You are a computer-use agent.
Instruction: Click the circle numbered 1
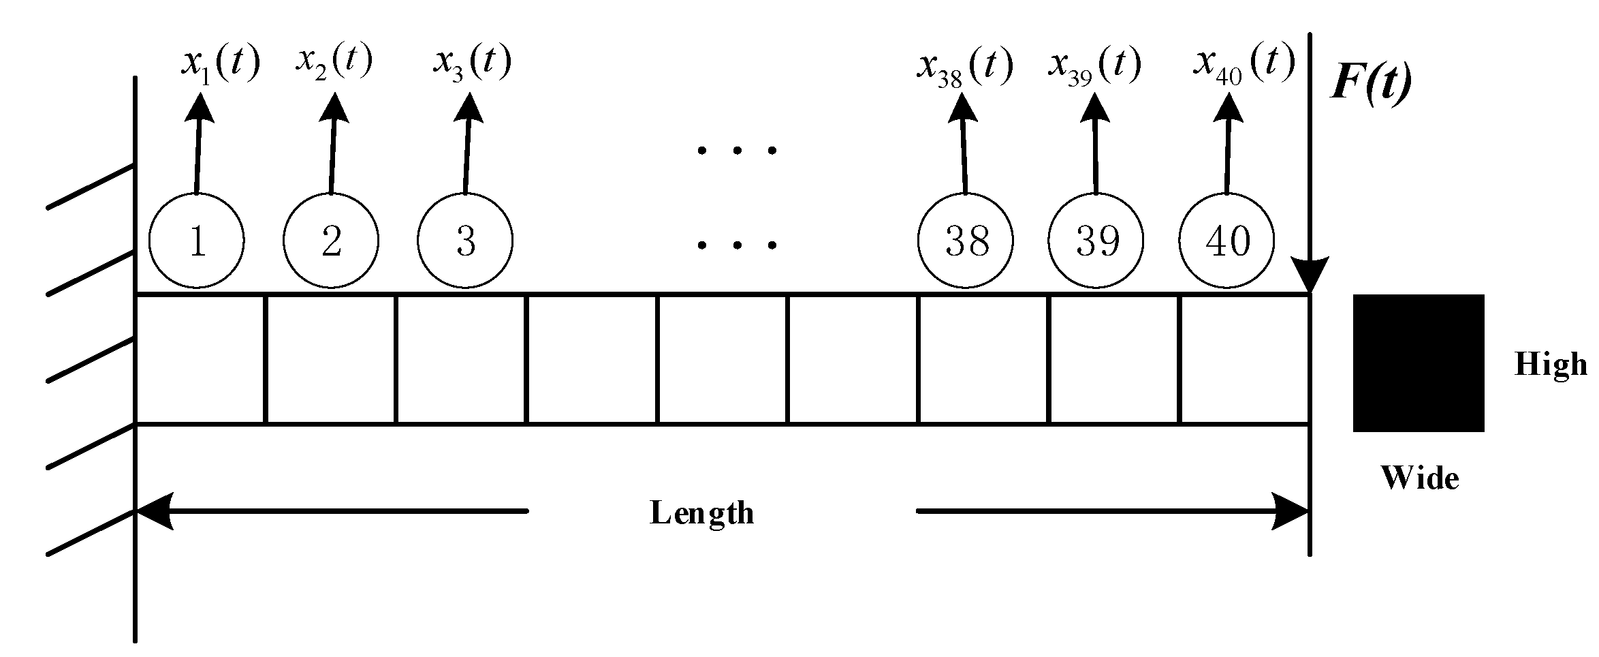coord(196,241)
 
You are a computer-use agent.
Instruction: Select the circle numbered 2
coord(330,241)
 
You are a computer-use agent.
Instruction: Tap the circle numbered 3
coord(465,241)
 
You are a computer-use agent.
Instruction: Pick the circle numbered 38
coord(966,241)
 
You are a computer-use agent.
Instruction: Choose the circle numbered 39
coord(1096,241)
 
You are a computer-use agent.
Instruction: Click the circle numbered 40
coord(1226,241)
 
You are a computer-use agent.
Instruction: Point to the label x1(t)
coord(220,65)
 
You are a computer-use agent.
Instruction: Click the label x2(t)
coord(334,61)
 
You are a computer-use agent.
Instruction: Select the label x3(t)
coord(472,63)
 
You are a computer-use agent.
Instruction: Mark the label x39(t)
coord(1094,67)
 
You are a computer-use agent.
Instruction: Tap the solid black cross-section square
coord(1418,363)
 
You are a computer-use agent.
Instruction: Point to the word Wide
coord(1419,478)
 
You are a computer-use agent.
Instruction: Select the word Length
coord(701,513)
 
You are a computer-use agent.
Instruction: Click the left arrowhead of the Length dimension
coord(155,510)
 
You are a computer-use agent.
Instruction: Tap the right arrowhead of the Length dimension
coord(1290,510)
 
